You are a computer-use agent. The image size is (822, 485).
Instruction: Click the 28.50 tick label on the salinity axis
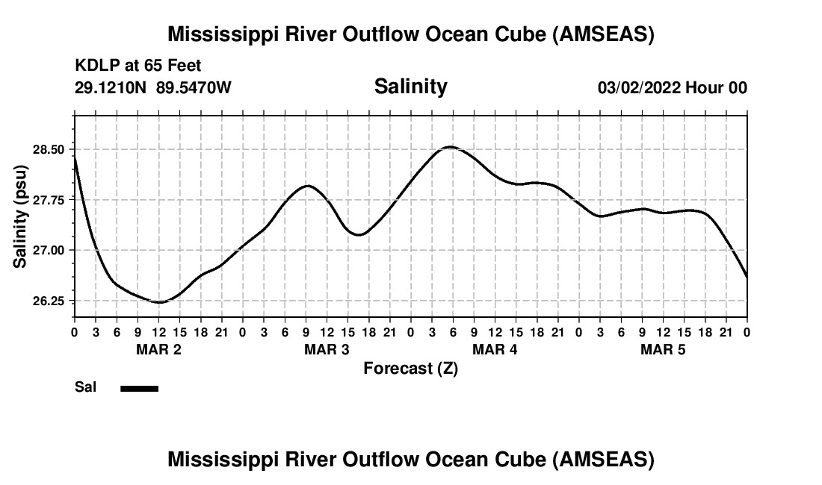[49, 149]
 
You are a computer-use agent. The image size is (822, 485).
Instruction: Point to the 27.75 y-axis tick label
[49, 200]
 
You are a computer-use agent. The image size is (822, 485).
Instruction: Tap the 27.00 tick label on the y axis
[49, 250]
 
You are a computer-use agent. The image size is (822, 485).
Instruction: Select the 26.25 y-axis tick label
[49, 301]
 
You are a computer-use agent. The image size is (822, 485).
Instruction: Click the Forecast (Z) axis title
[410, 368]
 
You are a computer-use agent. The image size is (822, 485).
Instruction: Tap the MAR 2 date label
[158, 349]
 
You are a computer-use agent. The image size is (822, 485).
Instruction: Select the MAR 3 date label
[327, 349]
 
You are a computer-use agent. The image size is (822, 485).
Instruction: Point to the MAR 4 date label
[495, 349]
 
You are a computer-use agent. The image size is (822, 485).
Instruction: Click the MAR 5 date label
[663, 349]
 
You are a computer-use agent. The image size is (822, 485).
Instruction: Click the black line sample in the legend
[139, 388]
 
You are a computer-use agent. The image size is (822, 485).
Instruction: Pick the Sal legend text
[84, 388]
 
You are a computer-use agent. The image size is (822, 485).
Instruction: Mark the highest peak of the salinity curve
[448, 147]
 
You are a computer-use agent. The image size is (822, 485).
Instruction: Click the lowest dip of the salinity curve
[158, 302]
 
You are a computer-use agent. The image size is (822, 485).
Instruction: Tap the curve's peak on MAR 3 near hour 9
[307, 185]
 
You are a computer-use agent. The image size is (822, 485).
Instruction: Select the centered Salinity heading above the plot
[410, 87]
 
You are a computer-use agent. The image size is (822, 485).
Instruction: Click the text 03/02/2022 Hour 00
[672, 88]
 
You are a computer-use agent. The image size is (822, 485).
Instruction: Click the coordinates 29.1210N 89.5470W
[153, 88]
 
